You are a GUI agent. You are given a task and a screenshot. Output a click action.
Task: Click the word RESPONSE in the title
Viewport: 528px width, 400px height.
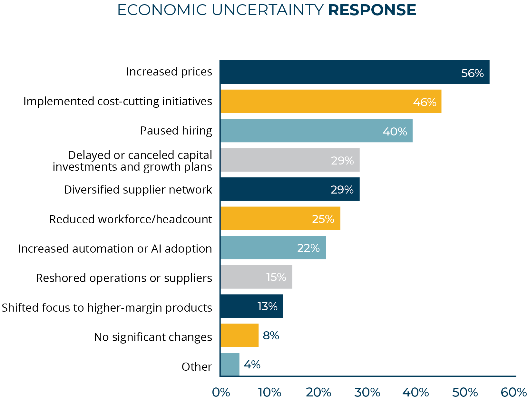pos(372,10)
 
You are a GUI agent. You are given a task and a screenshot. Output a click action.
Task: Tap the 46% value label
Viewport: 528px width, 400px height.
pos(425,102)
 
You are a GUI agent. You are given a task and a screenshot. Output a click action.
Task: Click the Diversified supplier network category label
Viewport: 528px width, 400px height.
pos(138,190)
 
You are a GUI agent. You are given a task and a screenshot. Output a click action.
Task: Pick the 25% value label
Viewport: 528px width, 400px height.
pos(323,219)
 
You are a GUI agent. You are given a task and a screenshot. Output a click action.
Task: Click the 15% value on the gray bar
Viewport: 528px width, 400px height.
pos(276,277)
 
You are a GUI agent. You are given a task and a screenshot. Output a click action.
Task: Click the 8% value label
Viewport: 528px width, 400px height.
pos(271,335)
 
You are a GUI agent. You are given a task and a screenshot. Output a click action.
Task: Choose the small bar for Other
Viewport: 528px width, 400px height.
pos(230,365)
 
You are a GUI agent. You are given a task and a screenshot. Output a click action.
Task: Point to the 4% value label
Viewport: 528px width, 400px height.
pos(252,365)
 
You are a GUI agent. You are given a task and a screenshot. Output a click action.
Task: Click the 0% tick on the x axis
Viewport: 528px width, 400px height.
pos(221,393)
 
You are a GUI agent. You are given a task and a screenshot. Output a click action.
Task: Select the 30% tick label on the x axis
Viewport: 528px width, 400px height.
pos(367,393)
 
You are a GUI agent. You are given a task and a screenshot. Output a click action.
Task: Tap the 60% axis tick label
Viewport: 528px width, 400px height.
pos(513,393)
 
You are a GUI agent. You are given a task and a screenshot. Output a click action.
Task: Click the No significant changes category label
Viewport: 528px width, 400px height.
pos(153,337)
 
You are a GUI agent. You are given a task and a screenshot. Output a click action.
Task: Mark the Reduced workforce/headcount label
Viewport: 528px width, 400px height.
pos(131,219)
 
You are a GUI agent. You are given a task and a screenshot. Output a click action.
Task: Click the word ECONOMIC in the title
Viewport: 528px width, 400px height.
pos(162,10)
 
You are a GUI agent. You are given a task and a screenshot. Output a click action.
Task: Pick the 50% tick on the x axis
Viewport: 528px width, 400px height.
pos(464,393)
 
